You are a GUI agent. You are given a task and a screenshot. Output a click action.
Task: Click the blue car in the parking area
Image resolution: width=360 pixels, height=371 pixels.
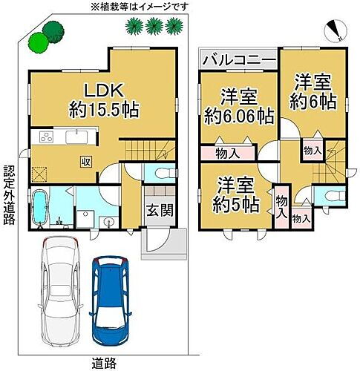pos(111,299)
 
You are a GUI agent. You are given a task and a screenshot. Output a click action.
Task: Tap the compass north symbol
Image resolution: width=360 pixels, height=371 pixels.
pos(336,30)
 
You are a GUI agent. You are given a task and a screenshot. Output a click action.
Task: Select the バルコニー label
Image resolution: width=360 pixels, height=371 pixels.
pos(239,59)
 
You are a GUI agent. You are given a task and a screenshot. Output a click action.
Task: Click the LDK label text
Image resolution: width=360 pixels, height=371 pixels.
pos(104,91)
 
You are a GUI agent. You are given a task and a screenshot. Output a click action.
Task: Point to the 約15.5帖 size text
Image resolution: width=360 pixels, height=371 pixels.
pos(104,110)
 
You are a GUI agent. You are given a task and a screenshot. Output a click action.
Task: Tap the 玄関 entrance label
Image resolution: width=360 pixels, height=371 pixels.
pos(160,211)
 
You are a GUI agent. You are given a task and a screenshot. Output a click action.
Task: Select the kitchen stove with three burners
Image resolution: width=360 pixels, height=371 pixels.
pos(47,137)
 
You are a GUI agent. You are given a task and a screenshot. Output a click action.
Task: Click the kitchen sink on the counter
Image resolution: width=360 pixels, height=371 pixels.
pos(76,137)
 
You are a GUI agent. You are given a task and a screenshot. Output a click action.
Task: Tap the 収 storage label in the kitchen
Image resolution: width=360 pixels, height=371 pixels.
pos(86,162)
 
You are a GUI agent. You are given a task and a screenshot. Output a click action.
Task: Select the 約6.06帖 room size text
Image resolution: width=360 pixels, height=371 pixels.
pos(239,116)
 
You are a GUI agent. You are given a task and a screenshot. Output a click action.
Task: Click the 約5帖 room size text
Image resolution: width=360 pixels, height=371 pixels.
pos(236,204)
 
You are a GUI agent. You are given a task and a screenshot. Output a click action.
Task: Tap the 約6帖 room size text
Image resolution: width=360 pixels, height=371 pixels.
pos(313,101)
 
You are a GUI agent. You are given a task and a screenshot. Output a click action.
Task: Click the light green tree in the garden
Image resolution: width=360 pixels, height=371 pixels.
pos(39,42)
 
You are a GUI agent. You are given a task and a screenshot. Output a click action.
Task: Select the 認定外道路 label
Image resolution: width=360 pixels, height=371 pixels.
pos(9,195)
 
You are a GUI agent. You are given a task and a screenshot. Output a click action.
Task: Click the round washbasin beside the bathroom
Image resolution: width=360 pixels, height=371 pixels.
pos(108,221)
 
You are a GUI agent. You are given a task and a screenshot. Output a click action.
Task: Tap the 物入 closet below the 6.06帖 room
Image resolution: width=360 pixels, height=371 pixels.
pos(228,154)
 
